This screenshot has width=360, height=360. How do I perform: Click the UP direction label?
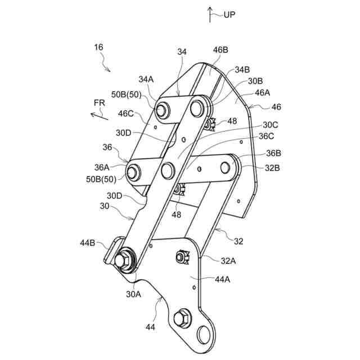[x=229, y=15]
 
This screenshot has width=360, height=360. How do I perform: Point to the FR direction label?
[x=100, y=102]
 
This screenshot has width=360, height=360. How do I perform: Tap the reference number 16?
[x=98, y=48]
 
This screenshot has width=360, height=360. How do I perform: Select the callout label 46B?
[x=220, y=50]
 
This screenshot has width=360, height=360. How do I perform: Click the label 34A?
[x=146, y=79]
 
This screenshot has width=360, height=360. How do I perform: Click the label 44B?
[x=87, y=242]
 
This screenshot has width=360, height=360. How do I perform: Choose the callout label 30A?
[x=133, y=293]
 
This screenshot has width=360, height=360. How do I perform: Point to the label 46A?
[x=263, y=92]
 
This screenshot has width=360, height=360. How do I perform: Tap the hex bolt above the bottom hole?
[x=183, y=318]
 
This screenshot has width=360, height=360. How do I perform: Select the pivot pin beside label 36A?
[x=134, y=172]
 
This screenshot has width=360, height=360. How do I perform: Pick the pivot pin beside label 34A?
[x=163, y=109]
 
